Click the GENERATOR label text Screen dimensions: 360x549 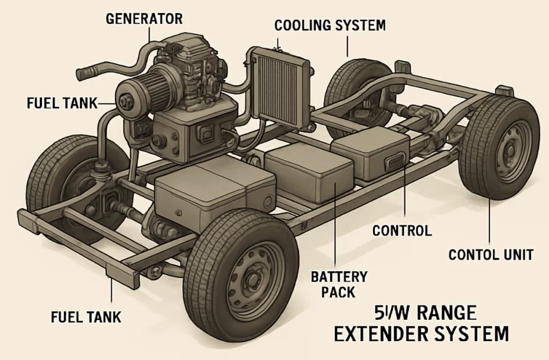[144, 19]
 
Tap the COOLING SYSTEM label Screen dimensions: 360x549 [329, 25]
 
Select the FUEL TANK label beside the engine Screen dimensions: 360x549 [62, 103]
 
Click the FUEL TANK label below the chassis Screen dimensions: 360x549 [86, 316]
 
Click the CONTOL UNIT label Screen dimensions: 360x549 [491, 254]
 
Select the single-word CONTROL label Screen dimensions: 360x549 [402, 231]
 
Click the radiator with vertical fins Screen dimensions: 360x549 [280, 85]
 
